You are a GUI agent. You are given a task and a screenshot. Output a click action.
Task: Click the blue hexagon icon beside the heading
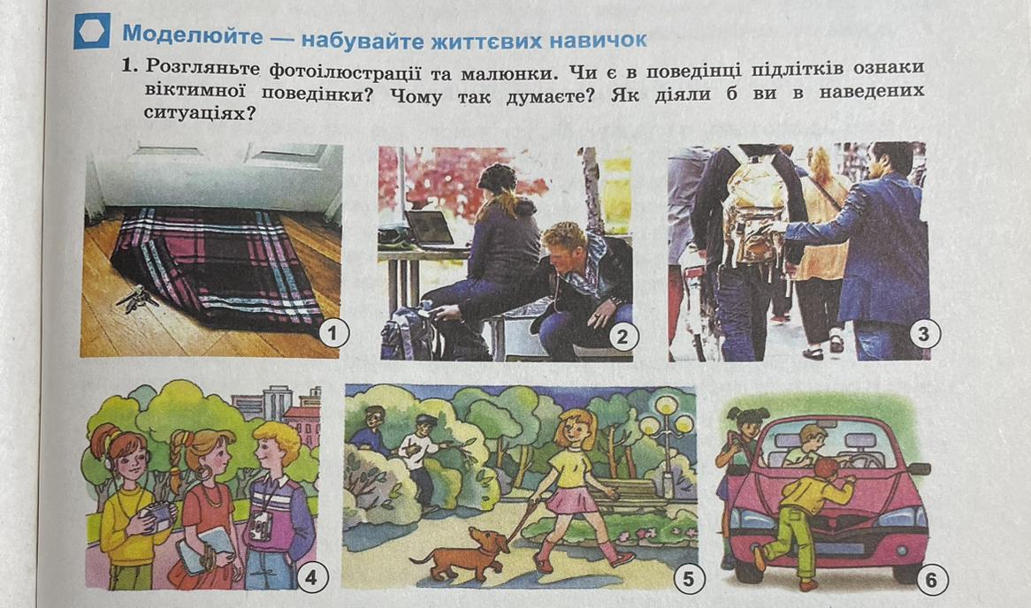point(92,31)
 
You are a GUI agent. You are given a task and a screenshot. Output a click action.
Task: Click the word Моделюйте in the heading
point(192,34)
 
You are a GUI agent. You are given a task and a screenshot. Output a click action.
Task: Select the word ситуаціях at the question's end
point(199,112)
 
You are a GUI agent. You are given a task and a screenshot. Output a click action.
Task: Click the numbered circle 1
point(332,333)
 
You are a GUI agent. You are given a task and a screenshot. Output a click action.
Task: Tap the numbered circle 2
point(622,338)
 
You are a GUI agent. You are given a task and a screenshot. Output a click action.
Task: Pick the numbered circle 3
point(923,334)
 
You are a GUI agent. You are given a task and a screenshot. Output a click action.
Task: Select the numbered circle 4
point(311,577)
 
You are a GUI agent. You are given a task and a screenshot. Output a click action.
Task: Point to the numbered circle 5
point(688,579)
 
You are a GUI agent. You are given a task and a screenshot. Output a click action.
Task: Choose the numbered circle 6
point(930,581)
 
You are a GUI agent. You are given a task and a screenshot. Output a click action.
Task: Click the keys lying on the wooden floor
point(137,299)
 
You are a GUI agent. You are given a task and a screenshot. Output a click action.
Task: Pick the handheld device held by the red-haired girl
point(157,516)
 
